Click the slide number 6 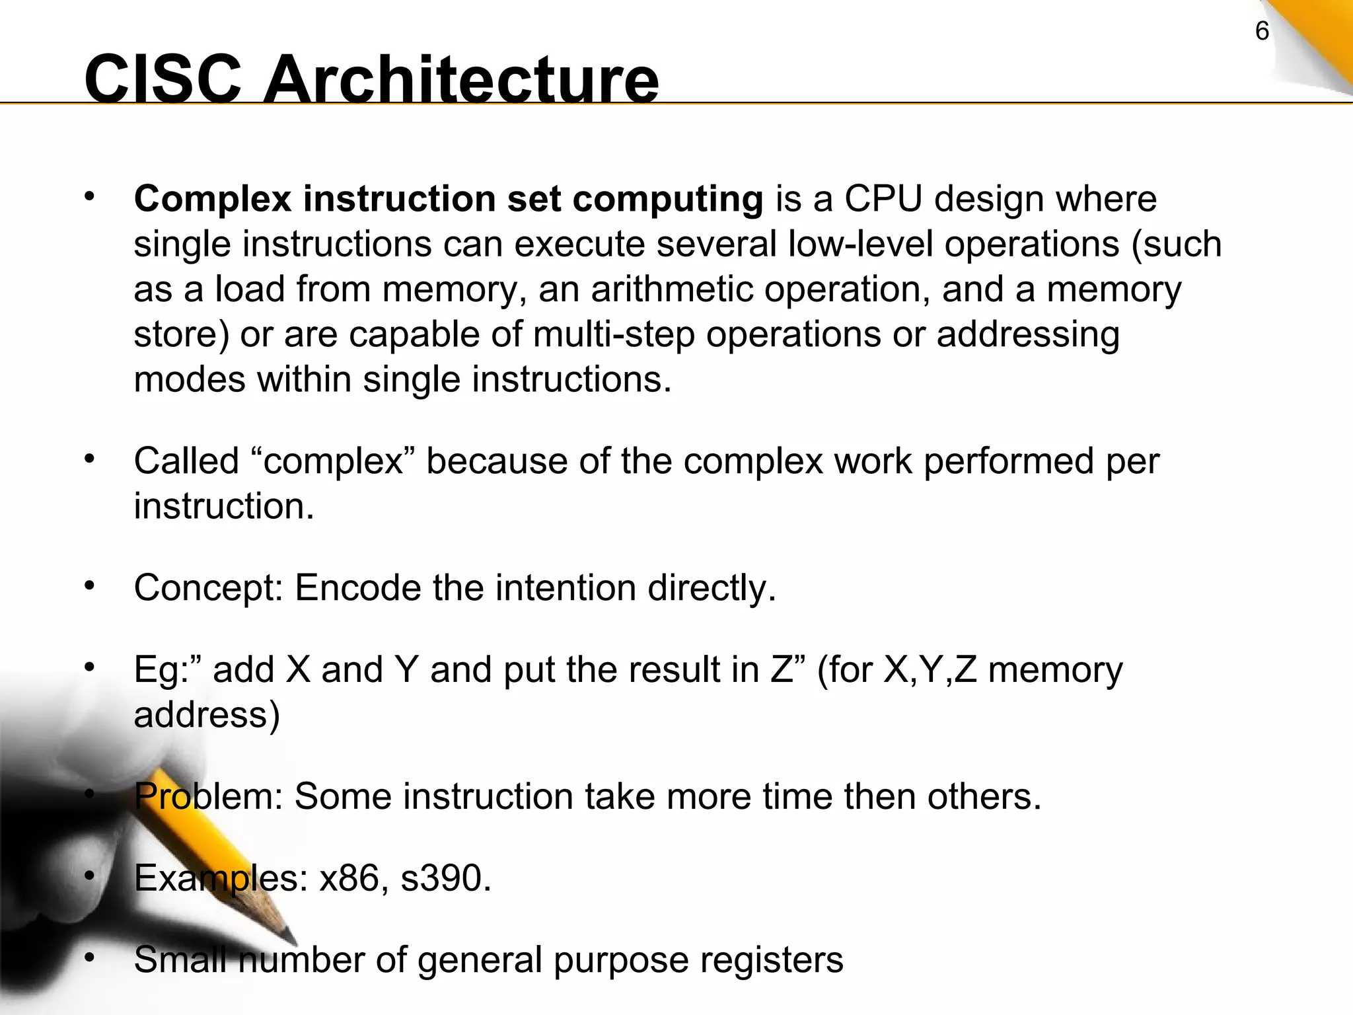(x=1262, y=31)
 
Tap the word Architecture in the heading (x=460, y=79)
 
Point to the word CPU (x=883, y=199)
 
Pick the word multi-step (x=614, y=334)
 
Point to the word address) (x=207, y=714)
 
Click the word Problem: (x=208, y=796)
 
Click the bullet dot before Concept (x=90, y=585)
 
